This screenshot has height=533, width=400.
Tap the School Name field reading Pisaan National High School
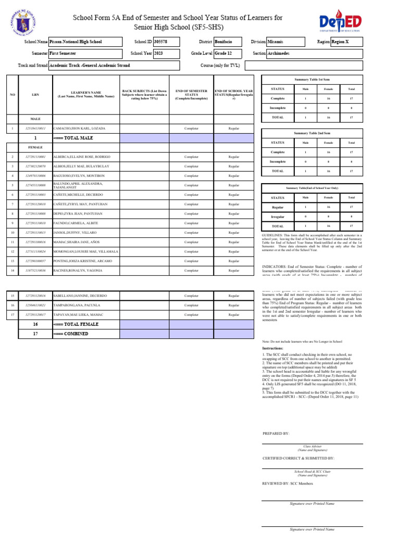[85, 41]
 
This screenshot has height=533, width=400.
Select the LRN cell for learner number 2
[35, 157]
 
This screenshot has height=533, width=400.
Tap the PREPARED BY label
[276, 433]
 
